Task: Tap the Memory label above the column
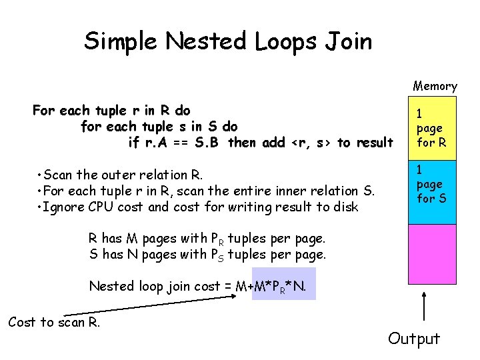[x=435, y=85]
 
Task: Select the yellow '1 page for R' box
[x=432, y=128]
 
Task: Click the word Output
[x=414, y=339]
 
